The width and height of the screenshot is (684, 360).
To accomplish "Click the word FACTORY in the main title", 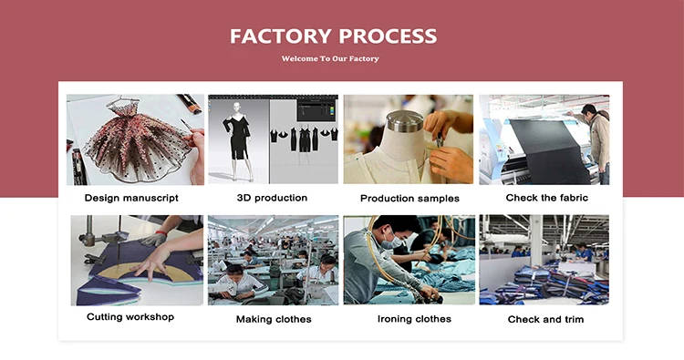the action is [x=281, y=36].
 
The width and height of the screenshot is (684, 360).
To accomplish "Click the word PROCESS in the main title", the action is [x=388, y=36].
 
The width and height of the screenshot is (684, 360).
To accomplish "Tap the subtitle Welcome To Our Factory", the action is [x=330, y=58].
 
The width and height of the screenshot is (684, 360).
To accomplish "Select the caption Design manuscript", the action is [x=131, y=199].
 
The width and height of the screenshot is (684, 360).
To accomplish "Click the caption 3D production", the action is [x=272, y=198].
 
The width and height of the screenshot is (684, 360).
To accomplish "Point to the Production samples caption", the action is [x=409, y=199].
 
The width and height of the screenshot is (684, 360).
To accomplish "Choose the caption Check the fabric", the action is [x=546, y=198].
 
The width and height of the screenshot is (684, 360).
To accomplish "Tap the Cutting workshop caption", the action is [x=130, y=317].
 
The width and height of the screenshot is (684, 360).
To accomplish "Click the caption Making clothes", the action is [x=274, y=320].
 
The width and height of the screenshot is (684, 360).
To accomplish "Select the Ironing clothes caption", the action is [x=414, y=319].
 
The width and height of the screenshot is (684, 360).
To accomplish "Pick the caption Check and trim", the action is [x=545, y=320].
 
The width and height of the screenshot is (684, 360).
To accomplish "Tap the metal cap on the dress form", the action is [x=405, y=120].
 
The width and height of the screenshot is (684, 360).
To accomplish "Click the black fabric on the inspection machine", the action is [x=550, y=150].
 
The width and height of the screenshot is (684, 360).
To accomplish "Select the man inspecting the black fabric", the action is [x=594, y=140].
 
